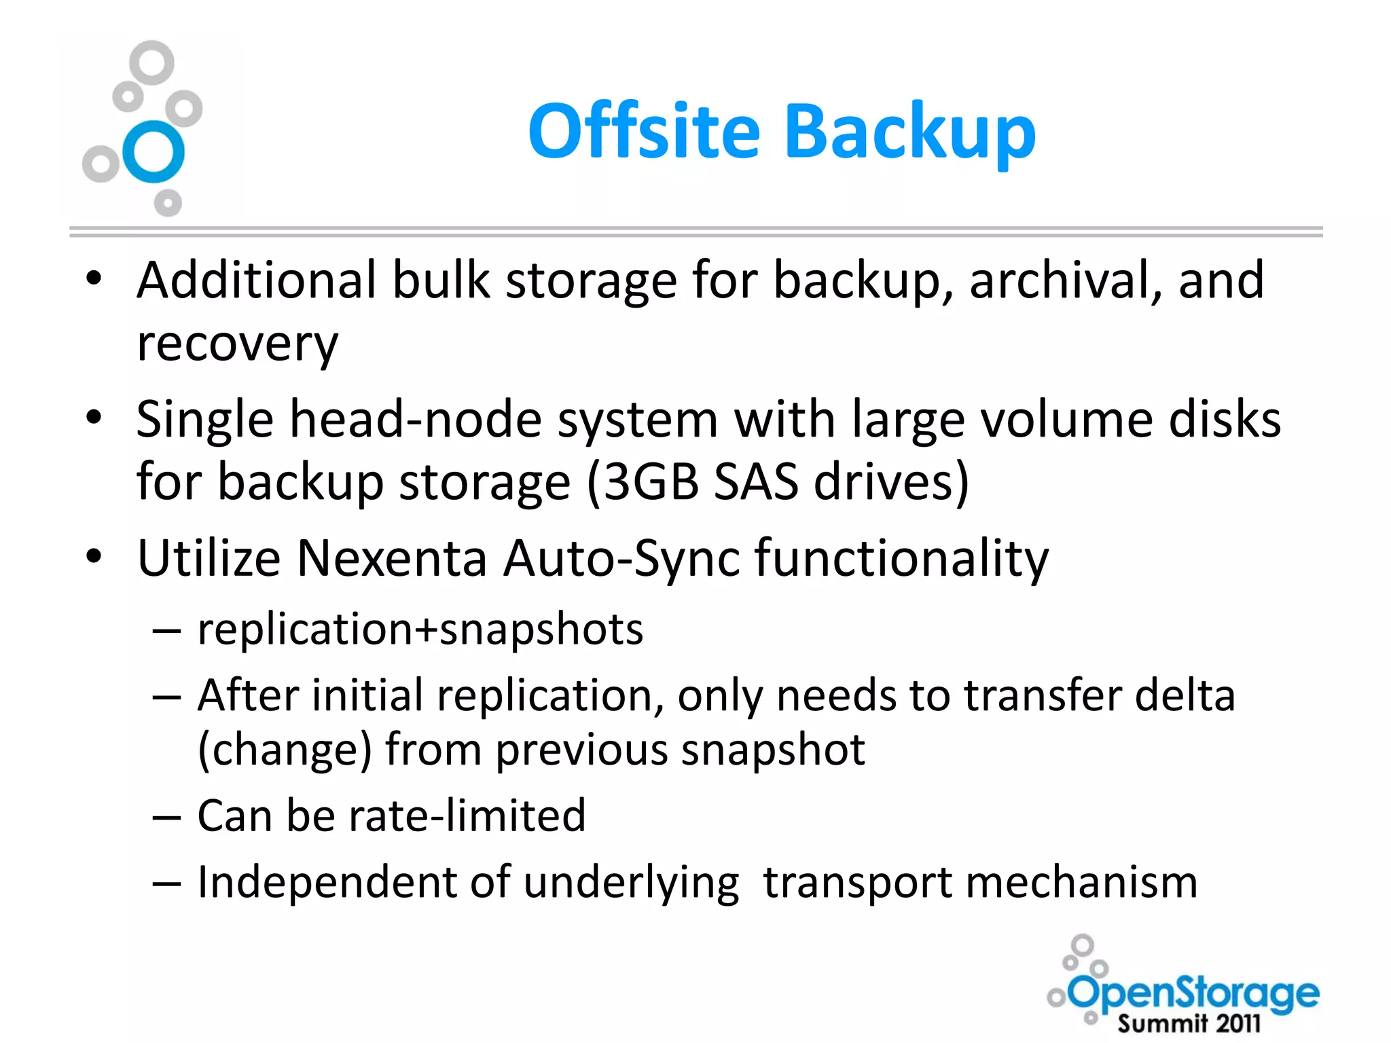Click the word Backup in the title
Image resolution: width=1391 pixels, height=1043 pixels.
[910, 132]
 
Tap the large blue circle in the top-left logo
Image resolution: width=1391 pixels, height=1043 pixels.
[154, 151]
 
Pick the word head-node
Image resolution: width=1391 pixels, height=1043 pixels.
[416, 419]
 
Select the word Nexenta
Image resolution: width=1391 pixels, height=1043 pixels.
[392, 558]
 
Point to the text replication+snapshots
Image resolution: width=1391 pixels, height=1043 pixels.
[420, 629]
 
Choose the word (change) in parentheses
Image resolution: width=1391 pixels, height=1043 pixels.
[285, 750]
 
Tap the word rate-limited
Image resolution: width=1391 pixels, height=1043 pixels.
[467, 815]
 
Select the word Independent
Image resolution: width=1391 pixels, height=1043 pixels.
[327, 883]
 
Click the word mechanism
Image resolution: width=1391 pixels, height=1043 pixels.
[1081, 883]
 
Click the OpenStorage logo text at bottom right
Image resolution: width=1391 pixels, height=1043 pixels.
[1194, 993]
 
